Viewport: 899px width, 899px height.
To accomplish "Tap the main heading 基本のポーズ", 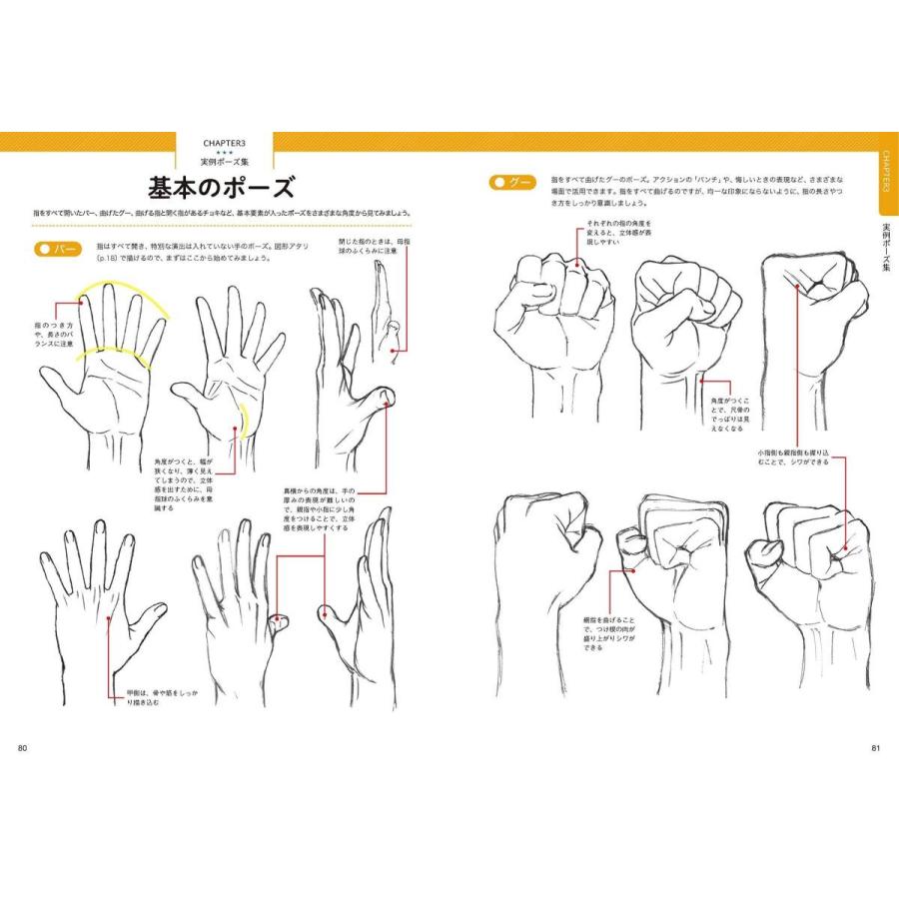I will coord(221,187).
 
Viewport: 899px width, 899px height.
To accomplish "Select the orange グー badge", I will coord(512,183).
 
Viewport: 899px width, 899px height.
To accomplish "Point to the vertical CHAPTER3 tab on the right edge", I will coord(886,176).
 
